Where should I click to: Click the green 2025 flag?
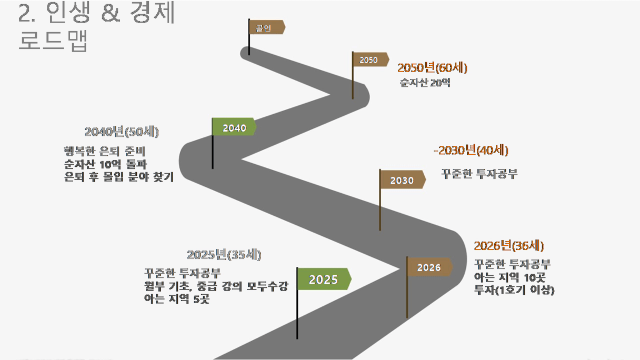pyautogui.click(x=324, y=279)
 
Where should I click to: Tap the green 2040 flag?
pyautogui.click(x=234, y=126)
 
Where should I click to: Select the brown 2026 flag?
pyautogui.click(x=429, y=267)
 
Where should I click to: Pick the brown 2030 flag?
pyautogui.click(x=403, y=179)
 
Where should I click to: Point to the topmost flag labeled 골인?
pyautogui.click(x=267, y=27)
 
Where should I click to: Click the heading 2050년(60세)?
pyautogui.click(x=432, y=68)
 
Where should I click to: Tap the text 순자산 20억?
pyautogui.click(x=425, y=83)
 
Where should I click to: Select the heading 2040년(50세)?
pyautogui.click(x=122, y=132)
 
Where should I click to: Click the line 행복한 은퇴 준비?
pyautogui.click(x=105, y=151)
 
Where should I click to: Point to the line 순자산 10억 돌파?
pyautogui.click(x=105, y=164)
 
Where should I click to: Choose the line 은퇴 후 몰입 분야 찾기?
pyautogui.click(x=119, y=177)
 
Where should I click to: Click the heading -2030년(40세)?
pyautogui.click(x=471, y=151)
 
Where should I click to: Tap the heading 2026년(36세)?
pyautogui.click(x=509, y=246)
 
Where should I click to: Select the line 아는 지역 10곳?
pyautogui.click(x=509, y=277)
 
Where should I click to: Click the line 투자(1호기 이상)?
pyautogui.click(x=514, y=290)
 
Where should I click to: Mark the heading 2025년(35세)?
pyautogui.click(x=224, y=255)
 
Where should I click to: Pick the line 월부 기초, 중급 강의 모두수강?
pyautogui.click(x=216, y=286)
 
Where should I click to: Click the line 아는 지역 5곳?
pyautogui.click(x=177, y=299)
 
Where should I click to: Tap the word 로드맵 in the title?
pyautogui.click(x=53, y=41)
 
